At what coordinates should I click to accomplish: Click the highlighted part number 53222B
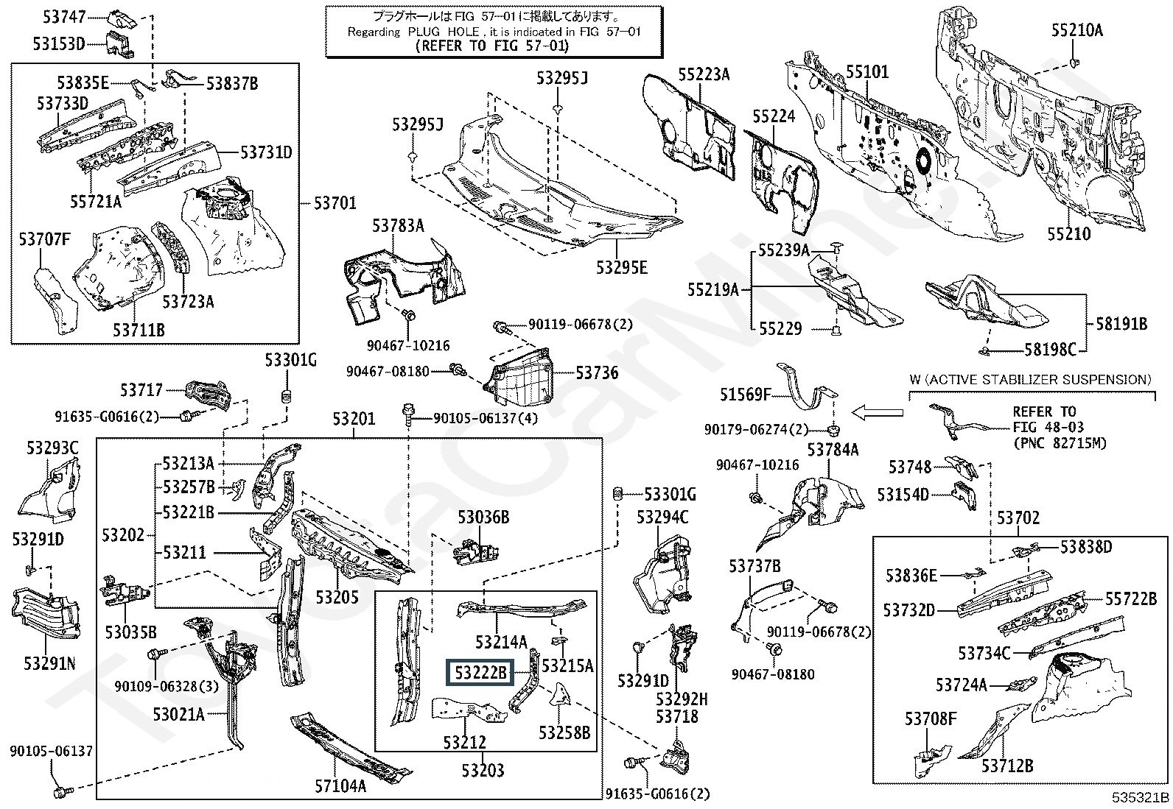point(480,672)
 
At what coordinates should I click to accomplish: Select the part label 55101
point(866,72)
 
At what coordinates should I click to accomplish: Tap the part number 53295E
point(622,267)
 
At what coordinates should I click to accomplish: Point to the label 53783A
point(398,226)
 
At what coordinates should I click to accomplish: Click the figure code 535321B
point(1141,798)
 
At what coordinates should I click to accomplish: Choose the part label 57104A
point(340,786)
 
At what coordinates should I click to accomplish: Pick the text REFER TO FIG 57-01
point(493,46)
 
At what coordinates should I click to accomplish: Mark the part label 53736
point(597,372)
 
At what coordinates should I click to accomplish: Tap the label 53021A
point(178,713)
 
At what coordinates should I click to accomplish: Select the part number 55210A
point(1076,30)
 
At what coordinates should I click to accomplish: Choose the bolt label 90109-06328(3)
point(167,686)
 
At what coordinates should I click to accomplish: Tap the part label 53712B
point(1006,766)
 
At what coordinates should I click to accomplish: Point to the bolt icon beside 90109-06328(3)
point(155,654)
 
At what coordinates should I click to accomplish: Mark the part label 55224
point(774,116)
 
